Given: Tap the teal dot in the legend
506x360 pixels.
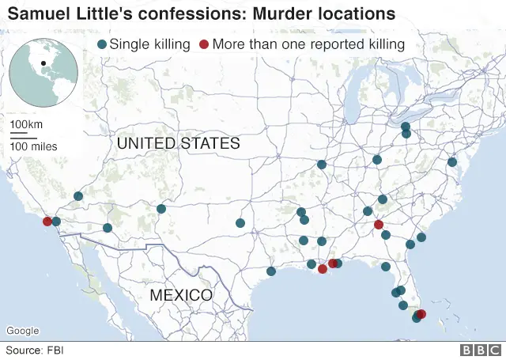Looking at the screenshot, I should pyautogui.click(x=101, y=44).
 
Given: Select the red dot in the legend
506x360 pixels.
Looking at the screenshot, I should pyautogui.click(x=205, y=44).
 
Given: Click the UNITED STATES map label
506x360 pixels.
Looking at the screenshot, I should pyautogui.click(x=178, y=144).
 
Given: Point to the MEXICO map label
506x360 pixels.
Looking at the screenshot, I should pyautogui.click(x=181, y=295).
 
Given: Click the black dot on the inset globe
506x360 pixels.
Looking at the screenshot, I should pyautogui.click(x=44, y=63).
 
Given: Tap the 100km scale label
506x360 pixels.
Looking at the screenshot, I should pyautogui.click(x=26, y=126).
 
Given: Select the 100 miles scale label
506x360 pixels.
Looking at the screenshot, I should pyautogui.click(x=33, y=146).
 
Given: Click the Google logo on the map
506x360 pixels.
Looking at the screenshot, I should pyautogui.click(x=23, y=330).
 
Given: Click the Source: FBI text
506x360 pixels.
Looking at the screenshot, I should pyautogui.click(x=36, y=349).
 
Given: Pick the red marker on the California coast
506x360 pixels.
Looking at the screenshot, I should pyautogui.click(x=47, y=222).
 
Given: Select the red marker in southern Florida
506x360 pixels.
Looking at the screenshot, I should pyautogui.click(x=421, y=314).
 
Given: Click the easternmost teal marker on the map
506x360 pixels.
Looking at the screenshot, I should pyautogui.click(x=452, y=162).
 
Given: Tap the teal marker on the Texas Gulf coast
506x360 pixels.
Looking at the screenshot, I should pyautogui.click(x=271, y=271).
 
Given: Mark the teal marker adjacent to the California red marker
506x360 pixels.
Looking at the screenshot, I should pyautogui.click(x=56, y=222).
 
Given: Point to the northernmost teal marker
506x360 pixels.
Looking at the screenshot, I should pyautogui.click(x=406, y=127).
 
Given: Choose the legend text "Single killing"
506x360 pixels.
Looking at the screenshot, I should pyautogui.click(x=149, y=44).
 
